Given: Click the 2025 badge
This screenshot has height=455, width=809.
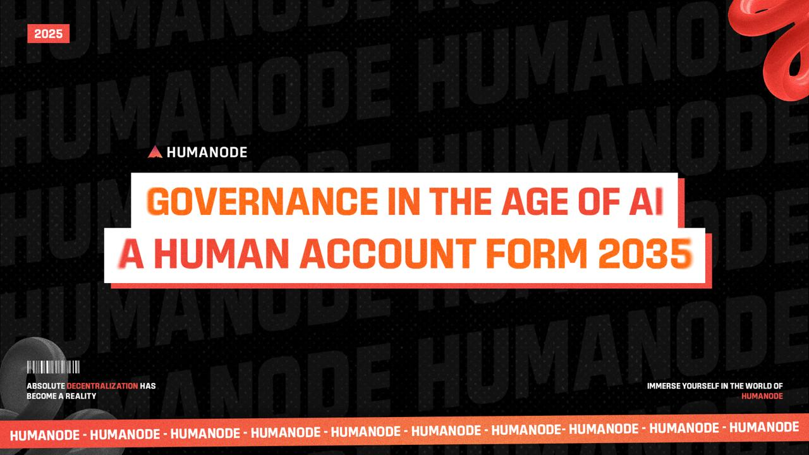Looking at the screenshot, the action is [49, 33].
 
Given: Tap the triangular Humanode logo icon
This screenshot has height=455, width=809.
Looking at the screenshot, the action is [155, 152].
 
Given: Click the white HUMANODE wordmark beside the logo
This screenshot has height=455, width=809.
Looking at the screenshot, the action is [207, 152].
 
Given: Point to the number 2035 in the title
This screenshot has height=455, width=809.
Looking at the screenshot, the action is [645, 254].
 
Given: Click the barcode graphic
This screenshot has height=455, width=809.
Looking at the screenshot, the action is [53, 367].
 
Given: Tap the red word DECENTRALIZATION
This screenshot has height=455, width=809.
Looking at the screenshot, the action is [102, 386].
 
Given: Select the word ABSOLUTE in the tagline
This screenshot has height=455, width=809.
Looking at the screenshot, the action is [46, 386].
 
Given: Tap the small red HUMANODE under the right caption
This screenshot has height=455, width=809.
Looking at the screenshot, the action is [762, 396].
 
